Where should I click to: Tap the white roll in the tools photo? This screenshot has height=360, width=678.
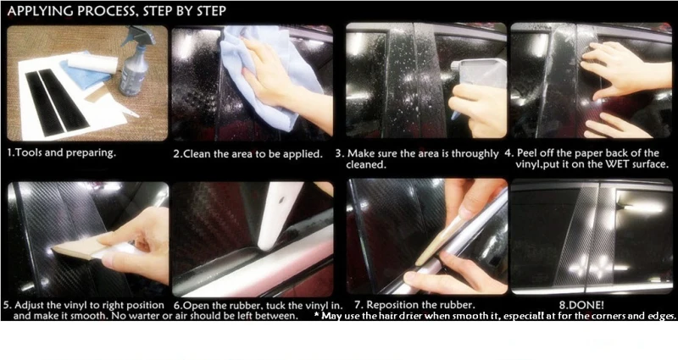point(93,64)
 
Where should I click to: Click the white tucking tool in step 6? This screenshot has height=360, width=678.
point(281,215)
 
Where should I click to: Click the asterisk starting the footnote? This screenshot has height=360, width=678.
point(317,315)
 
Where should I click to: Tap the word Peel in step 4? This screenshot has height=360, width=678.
point(526,153)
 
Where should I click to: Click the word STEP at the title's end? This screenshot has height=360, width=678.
point(210,11)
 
